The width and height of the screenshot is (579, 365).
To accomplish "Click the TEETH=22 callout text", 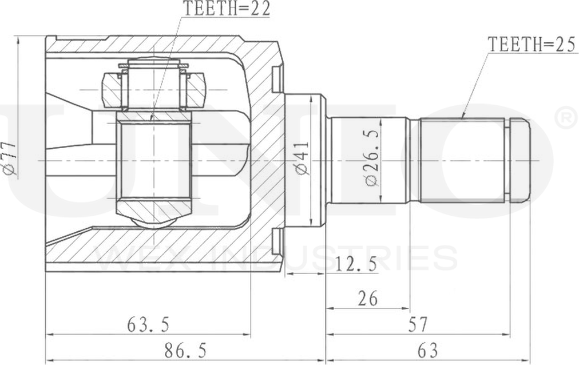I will tap(226, 8).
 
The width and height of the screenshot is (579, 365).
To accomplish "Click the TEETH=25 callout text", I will tap(530, 45).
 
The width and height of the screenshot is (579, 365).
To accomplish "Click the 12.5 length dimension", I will tap(356, 264).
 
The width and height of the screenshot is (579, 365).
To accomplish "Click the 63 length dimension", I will tap(427, 349).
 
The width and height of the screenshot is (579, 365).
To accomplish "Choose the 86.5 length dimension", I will tap(185, 349).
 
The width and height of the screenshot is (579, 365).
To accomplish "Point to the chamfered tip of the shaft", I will tap(519, 160).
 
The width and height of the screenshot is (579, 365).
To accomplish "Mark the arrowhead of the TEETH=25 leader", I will tap(463, 117).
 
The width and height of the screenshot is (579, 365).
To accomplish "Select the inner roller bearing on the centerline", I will tap(154, 160).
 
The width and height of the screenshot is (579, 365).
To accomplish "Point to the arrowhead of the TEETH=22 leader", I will tap(152, 118).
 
